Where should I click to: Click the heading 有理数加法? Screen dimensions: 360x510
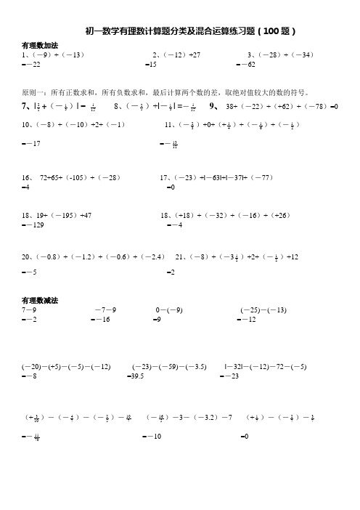(40, 45)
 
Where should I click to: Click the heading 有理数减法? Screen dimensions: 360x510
(40, 299)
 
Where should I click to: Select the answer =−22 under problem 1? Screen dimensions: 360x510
(32, 65)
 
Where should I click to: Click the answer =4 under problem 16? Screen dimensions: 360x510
(27, 187)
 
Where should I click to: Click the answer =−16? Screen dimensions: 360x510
(99, 319)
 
